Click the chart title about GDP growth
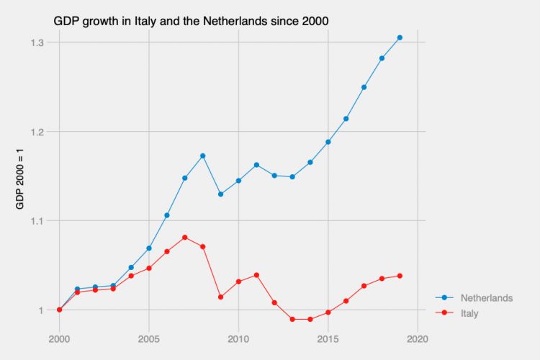[x=191, y=21]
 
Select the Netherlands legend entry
[x=486, y=298]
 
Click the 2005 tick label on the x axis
[x=149, y=338]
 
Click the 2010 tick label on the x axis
[x=238, y=338]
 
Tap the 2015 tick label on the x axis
[x=328, y=338]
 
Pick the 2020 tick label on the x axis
[x=418, y=338]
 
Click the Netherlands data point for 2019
[x=400, y=37]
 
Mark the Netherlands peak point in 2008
[x=203, y=156]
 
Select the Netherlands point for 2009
[x=220, y=194]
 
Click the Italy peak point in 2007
[x=185, y=237]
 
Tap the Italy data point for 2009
[x=220, y=297]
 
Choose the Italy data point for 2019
[x=400, y=276]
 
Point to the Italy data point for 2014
[x=310, y=320]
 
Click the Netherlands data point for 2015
[x=328, y=142]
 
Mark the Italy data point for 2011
[x=256, y=275]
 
